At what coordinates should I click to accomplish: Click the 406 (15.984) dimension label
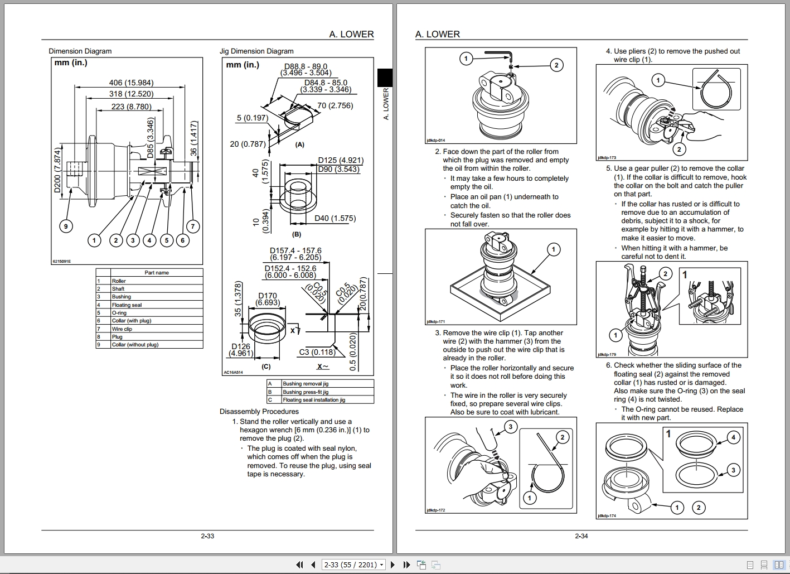(x=131, y=83)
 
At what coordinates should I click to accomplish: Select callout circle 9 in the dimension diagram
(x=66, y=226)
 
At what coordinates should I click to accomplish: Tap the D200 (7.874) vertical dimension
(x=57, y=171)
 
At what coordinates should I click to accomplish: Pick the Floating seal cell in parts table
(x=127, y=305)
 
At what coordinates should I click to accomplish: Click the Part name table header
(x=157, y=273)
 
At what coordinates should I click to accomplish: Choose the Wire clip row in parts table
(x=122, y=329)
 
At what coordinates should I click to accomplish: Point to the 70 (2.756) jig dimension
(x=335, y=105)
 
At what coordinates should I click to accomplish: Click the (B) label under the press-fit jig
(x=297, y=235)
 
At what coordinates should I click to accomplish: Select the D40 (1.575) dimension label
(x=335, y=218)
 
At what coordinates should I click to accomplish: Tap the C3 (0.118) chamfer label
(x=317, y=352)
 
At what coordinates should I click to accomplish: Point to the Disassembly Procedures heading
(x=259, y=412)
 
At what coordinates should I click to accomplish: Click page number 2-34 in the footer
(x=581, y=536)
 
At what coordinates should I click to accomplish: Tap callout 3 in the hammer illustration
(x=510, y=427)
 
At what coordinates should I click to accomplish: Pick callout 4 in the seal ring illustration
(x=733, y=437)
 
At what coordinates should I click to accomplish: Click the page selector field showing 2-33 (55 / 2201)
(x=353, y=565)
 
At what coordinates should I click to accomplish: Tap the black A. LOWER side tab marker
(x=385, y=78)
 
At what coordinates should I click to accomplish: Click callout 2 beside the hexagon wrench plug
(x=556, y=65)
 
